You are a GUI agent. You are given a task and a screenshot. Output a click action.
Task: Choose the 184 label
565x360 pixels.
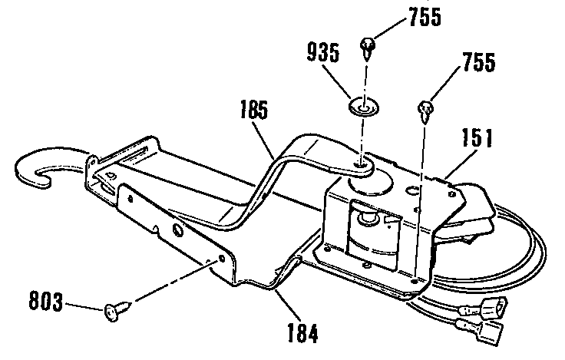coord(302,335)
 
